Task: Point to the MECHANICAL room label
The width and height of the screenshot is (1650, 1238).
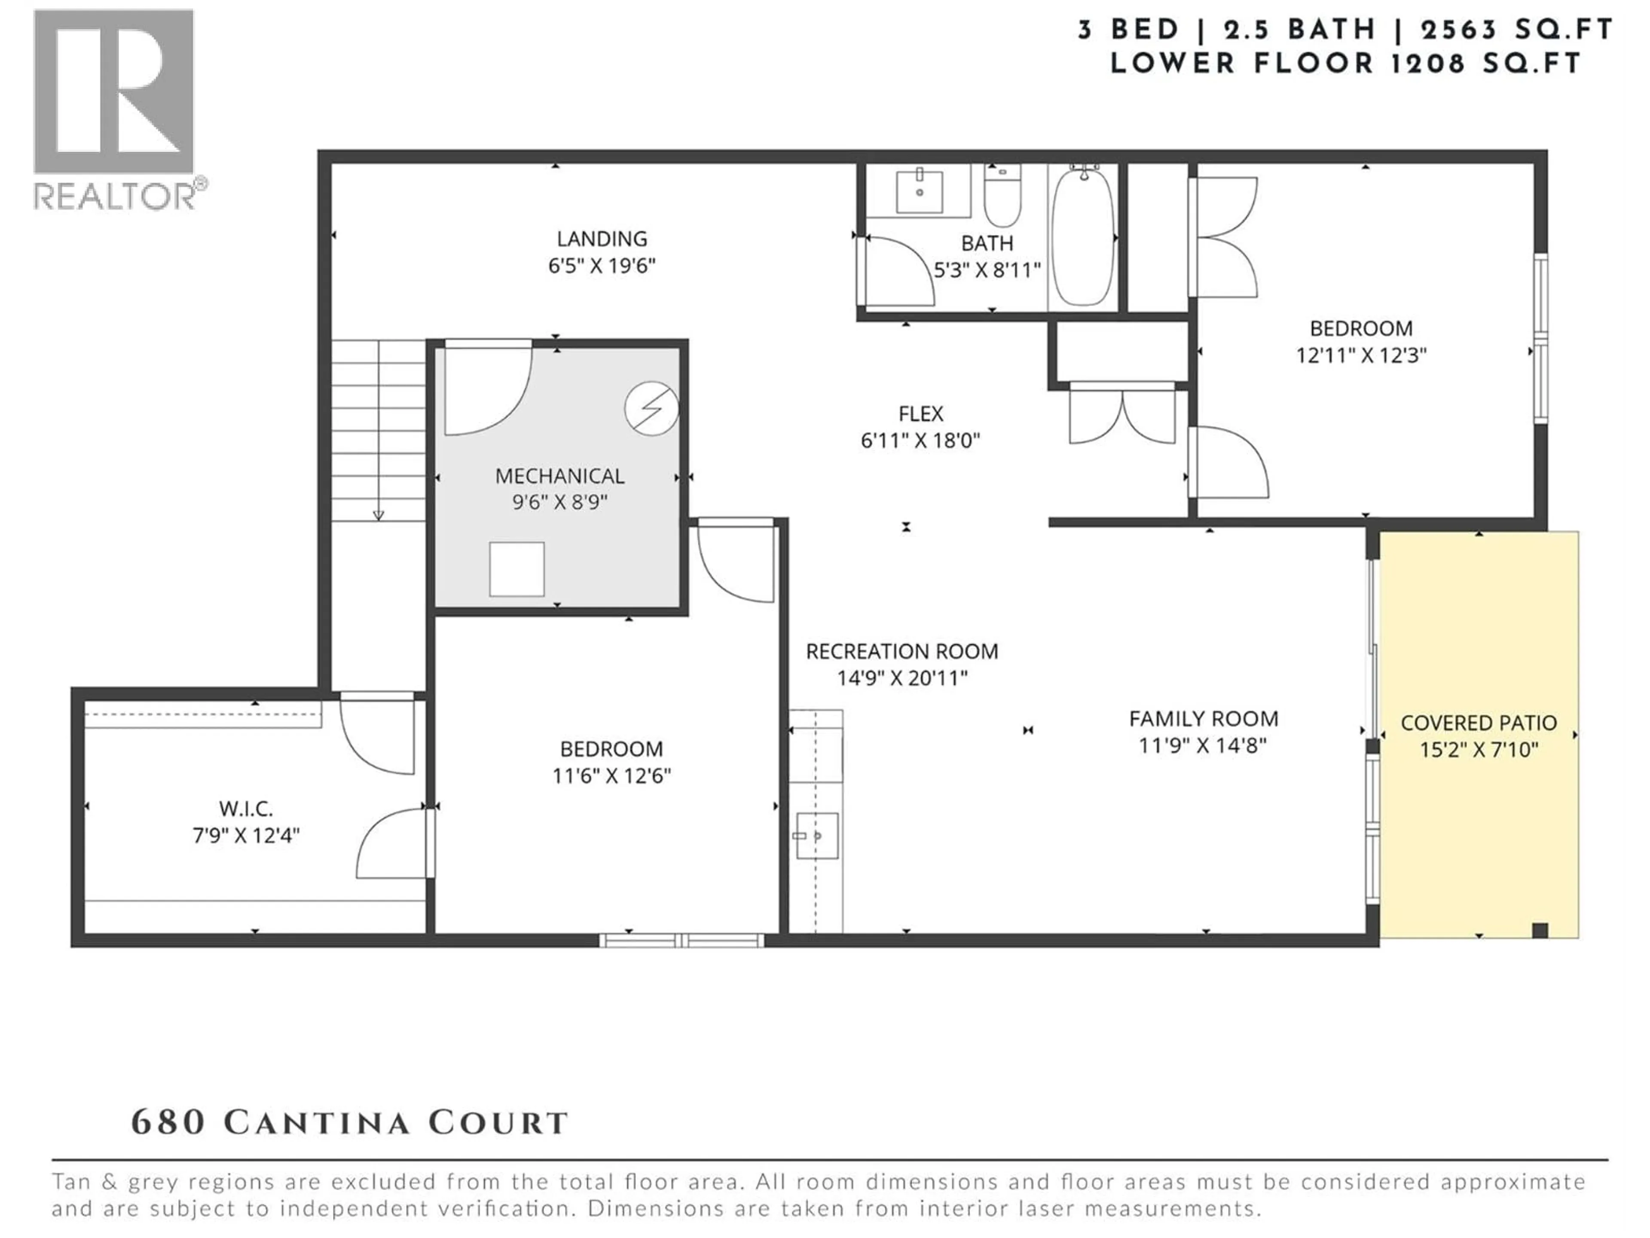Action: (559, 476)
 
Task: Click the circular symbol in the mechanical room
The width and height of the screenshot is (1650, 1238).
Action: (651, 408)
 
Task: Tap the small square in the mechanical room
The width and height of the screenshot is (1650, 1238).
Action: (516, 570)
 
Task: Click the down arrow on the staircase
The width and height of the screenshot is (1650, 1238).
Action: (378, 515)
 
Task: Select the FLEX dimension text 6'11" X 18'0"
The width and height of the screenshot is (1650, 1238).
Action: (920, 440)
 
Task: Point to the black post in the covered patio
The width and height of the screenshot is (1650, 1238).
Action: (1540, 930)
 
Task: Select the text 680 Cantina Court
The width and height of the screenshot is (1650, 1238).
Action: (349, 1123)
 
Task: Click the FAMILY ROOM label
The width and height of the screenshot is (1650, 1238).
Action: (1203, 719)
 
